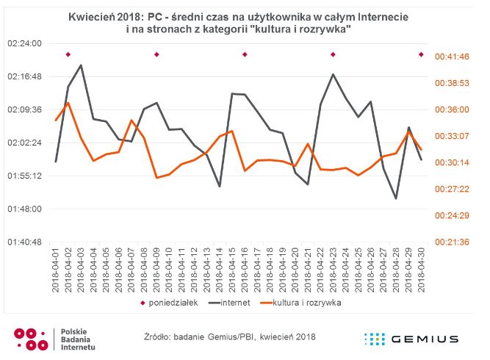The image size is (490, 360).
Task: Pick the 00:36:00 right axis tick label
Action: tap(453, 109)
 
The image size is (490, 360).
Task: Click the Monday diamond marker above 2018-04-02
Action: tap(68, 54)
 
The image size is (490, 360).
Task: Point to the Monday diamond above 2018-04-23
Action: tap(333, 54)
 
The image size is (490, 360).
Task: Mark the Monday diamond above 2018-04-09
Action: tap(156, 54)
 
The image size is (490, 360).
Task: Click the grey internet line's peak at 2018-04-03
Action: tap(81, 65)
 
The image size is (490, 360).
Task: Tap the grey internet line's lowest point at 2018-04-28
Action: tap(396, 198)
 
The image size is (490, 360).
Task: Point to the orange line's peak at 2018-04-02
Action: tap(68, 103)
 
